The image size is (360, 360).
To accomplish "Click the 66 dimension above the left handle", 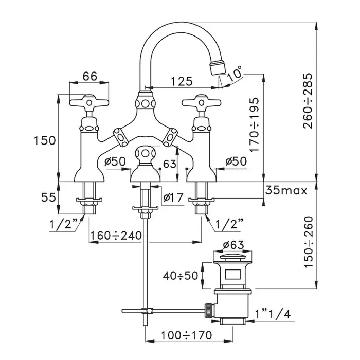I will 90,76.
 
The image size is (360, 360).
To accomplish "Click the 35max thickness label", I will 286,191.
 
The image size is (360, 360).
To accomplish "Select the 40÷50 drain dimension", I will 182,275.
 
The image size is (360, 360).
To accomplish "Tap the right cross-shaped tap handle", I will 201,101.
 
